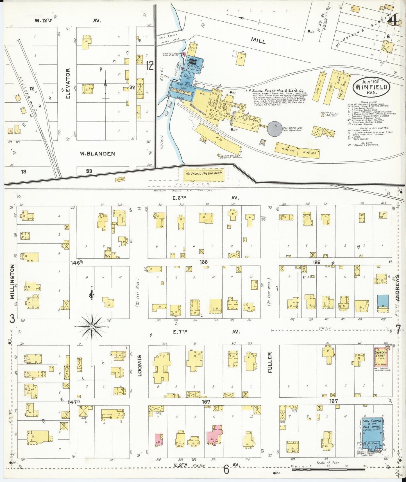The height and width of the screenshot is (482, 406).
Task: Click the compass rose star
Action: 92,326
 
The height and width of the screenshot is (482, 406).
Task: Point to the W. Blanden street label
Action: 97,154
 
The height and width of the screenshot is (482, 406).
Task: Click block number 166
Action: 203,262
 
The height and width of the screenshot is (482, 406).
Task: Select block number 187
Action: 334,401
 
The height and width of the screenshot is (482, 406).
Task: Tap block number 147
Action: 72,402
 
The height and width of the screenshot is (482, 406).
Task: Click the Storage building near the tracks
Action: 120,179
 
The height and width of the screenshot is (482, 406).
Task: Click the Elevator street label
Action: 68,84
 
